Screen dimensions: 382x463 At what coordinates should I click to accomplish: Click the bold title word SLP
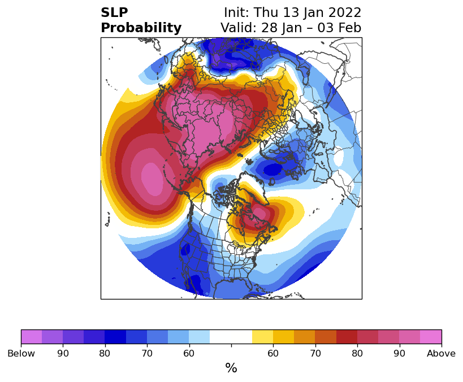114,12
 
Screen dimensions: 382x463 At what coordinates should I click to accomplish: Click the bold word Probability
141,28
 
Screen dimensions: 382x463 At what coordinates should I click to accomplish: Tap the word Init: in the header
238,12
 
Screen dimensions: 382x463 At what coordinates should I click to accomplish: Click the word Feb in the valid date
349,28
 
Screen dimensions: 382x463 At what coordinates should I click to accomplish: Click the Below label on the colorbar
21,354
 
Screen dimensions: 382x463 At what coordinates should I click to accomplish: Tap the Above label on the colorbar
441,354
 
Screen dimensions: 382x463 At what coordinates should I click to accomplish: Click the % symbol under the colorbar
231,368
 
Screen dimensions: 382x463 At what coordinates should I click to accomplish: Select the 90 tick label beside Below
63,354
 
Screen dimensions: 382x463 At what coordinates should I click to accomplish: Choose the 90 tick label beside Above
399,354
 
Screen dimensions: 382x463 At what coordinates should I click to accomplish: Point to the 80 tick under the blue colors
105,354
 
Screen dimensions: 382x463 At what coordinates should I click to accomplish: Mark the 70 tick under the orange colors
315,354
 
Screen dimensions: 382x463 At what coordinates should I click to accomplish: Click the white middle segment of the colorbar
231,337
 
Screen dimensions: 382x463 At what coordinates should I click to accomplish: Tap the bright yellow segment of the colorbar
262,337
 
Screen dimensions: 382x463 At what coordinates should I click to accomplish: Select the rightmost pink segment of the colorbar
431,337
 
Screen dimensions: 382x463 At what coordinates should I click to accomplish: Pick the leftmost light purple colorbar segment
31,337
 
